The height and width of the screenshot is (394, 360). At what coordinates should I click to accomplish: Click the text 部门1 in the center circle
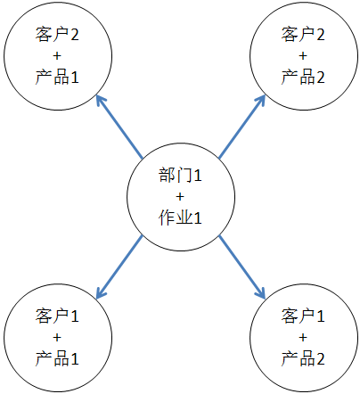tap(180, 175)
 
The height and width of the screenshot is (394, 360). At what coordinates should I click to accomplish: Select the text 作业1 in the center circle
tap(180, 218)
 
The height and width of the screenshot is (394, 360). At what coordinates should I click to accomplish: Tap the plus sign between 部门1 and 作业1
tap(180, 197)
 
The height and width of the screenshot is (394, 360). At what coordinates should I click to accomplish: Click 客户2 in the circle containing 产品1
tap(57, 34)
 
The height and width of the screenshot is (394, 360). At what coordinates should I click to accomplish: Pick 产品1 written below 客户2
tap(57, 77)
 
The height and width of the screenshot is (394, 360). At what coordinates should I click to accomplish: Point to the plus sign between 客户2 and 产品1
tap(57, 55)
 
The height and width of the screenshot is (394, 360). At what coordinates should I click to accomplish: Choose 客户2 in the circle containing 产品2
tap(303, 34)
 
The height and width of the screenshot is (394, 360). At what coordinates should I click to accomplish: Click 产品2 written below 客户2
tap(303, 77)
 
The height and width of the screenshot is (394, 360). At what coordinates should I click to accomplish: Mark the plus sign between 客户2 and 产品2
tap(303, 55)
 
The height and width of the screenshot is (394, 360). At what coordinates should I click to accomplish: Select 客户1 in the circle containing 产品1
tap(57, 316)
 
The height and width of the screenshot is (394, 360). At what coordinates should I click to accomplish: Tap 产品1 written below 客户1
tap(57, 358)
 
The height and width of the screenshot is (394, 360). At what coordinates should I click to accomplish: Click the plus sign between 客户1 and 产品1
tap(57, 337)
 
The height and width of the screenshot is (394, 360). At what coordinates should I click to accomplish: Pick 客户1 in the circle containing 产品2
tap(303, 316)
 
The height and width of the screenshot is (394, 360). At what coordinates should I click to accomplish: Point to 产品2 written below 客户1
tap(303, 358)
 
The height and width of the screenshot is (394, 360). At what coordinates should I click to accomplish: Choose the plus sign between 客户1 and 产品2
tap(303, 337)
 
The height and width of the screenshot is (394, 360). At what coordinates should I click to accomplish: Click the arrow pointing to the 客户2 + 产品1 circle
tap(119, 127)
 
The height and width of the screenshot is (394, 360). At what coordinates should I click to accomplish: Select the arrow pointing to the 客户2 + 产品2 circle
tap(241, 127)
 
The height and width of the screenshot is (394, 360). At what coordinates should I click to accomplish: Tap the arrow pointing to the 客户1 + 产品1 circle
tap(119, 267)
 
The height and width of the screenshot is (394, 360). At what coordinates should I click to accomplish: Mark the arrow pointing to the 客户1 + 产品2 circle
tap(241, 267)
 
